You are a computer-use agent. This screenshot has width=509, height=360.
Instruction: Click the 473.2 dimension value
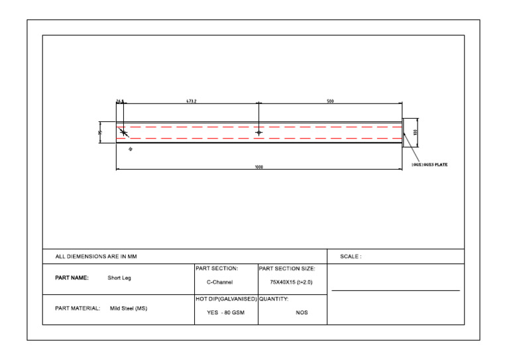click(x=191, y=101)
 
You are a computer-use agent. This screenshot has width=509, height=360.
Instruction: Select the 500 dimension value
click(x=330, y=101)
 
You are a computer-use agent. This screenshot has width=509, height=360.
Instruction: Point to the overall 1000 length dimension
click(x=259, y=167)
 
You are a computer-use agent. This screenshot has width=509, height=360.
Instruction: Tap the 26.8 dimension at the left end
click(x=120, y=101)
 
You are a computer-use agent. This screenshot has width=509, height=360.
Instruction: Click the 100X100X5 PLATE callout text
click(x=429, y=164)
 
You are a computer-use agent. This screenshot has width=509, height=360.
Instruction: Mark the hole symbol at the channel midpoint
click(x=258, y=133)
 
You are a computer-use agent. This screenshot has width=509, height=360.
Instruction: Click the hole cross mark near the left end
click(x=123, y=133)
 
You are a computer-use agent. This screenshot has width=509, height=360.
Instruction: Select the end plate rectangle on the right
click(x=406, y=133)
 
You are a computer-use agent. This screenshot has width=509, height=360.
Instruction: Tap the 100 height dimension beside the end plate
click(x=416, y=133)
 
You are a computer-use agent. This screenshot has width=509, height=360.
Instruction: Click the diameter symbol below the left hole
click(x=130, y=150)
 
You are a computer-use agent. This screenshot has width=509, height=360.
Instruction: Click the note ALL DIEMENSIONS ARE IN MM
click(x=96, y=257)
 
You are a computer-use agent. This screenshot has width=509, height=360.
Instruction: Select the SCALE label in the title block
click(x=351, y=257)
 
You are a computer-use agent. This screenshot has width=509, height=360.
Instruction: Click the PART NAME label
click(x=72, y=278)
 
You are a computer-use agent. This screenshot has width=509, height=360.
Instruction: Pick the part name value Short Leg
click(x=119, y=278)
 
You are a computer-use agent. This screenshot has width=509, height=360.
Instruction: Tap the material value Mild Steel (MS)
click(x=129, y=308)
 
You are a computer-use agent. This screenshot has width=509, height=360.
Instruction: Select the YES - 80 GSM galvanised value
click(x=225, y=313)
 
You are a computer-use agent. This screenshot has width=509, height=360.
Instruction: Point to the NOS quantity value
click(x=302, y=313)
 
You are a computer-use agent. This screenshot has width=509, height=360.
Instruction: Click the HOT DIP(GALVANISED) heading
click(x=226, y=299)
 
